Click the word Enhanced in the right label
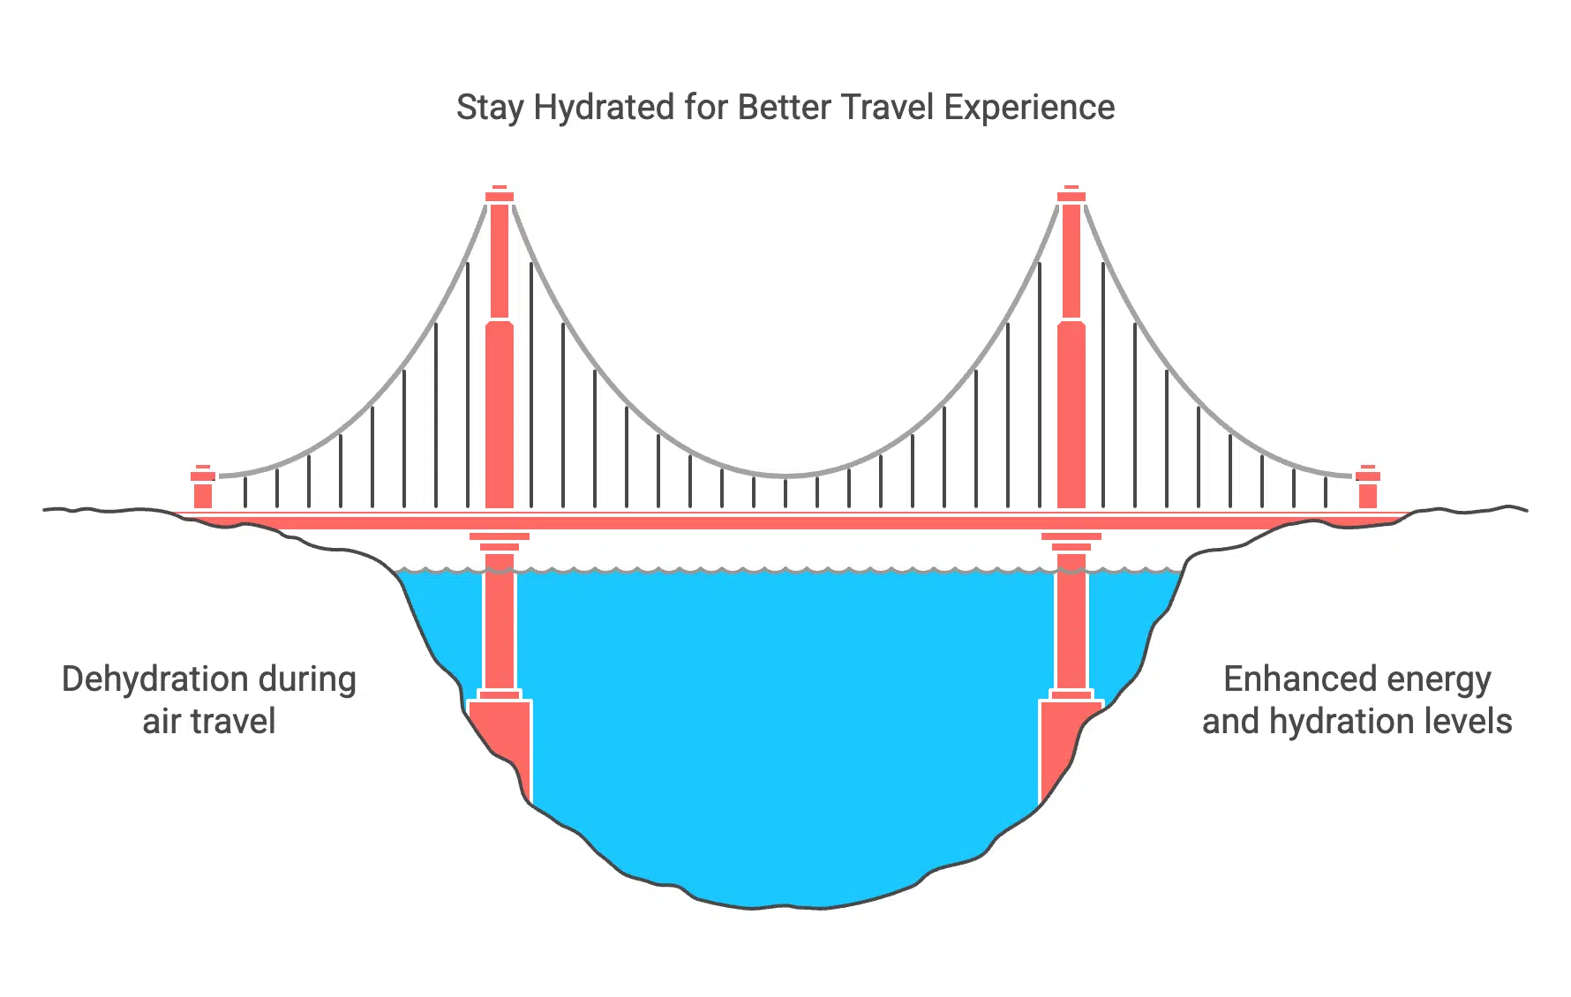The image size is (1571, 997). click(1289, 679)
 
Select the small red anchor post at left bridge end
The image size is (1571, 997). click(203, 487)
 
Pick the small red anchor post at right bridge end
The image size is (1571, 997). click(1368, 487)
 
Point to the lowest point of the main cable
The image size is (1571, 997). click(785, 476)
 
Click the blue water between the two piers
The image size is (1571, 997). click(785, 723)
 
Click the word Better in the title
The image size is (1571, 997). click(785, 108)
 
